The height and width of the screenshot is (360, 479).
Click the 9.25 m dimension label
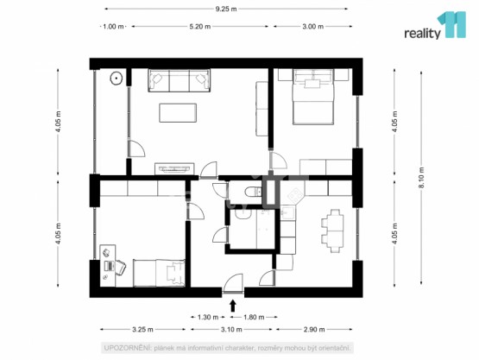click(226, 9)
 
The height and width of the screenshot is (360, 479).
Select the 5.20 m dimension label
click(199, 27)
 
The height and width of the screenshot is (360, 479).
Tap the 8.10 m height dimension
click(422, 178)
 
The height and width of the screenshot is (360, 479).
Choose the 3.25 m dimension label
click(142, 330)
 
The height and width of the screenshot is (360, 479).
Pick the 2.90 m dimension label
click(314, 330)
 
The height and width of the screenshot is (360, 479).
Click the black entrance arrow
click(233, 305)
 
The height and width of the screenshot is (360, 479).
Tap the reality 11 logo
click(435, 26)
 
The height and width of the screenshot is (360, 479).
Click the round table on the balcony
click(117, 78)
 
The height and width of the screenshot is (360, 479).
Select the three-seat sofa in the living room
click(180, 80)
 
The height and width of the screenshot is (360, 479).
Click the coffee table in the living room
click(178, 113)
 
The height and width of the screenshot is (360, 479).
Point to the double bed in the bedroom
click(312, 97)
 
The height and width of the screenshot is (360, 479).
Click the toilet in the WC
click(253, 192)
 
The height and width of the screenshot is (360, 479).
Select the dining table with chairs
click(332, 231)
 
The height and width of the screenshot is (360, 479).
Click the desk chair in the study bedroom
click(119, 268)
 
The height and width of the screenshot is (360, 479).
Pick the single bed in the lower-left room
click(159, 273)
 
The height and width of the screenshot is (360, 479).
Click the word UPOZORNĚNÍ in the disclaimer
click(127, 348)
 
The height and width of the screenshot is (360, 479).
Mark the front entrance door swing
click(233, 283)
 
